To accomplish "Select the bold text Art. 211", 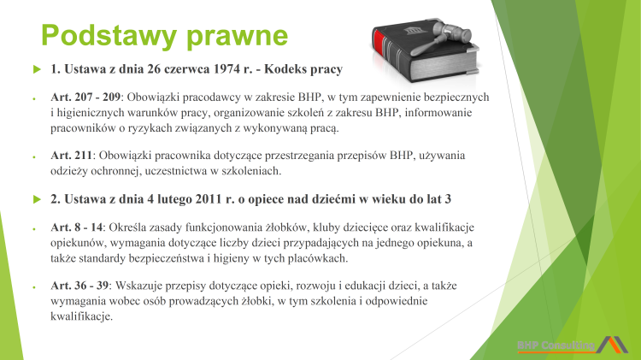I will pyautogui.click(x=72, y=156).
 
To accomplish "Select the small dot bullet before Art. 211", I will pyautogui.click(x=32, y=156).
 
